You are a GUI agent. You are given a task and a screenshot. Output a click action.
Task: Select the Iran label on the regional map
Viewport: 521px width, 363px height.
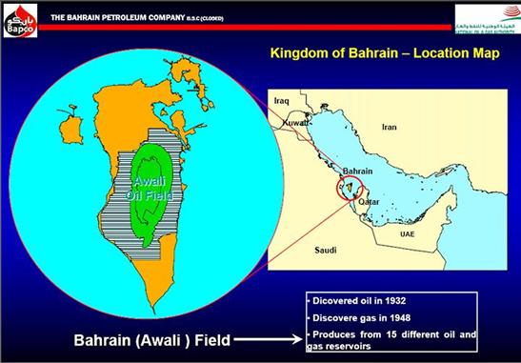coord(389,126)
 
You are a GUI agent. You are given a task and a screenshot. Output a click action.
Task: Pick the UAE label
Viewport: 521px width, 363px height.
coord(408,232)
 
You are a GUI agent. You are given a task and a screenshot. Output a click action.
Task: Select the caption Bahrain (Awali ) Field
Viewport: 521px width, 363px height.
coord(153,337)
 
